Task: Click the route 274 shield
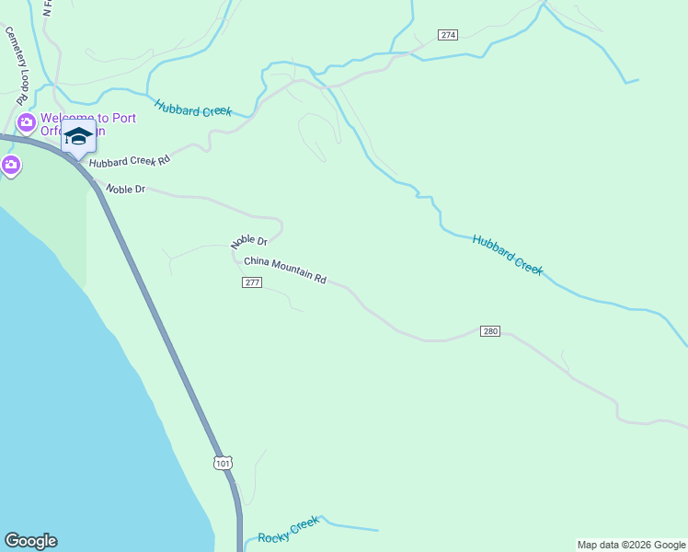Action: tap(448, 35)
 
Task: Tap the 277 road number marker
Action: tap(253, 282)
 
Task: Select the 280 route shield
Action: tap(490, 330)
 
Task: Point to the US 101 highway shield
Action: tap(223, 463)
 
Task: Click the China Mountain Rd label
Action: tap(285, 270)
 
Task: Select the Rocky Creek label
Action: tap(288, 531)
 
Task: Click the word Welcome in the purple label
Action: tap(64, 118)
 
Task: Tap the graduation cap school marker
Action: tap(78, 136)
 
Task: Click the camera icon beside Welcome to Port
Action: tap(26, 121)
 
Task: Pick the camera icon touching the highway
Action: tap(11, 166)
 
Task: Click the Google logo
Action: tap(30, 541)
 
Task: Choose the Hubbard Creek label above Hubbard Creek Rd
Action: tap(192, 108)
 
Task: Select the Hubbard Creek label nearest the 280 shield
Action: tap(508, 255)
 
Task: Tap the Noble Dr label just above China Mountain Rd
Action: tap(249, 242)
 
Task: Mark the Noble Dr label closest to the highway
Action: tap(126, 189)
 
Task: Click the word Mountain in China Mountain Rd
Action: tap(292, 271)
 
